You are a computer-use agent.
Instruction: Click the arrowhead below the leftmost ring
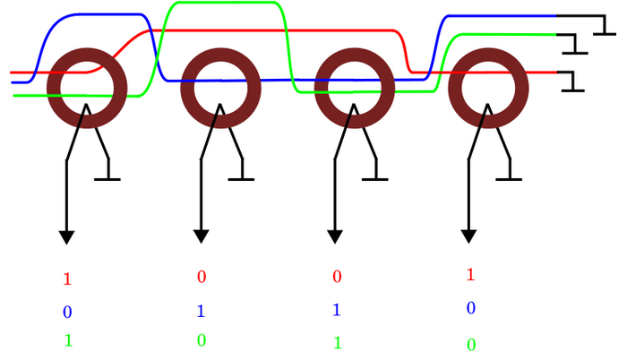(x=66, y=236)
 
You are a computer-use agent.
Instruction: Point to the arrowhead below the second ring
(x=201, y=236)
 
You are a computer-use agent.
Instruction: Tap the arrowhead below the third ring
(x=334, y=236)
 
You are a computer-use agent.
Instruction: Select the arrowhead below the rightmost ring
(x=468, y=236)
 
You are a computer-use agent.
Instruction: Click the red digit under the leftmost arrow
(x=67, y=279)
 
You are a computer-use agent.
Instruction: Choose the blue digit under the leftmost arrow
(x=67, y=313)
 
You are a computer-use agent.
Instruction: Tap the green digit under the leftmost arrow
(x=67, y=341)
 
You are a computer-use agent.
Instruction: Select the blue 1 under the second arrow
(x=202, y=312)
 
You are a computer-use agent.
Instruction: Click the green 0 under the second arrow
(x=202, y=340)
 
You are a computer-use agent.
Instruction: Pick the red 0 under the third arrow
(x=337, y=277)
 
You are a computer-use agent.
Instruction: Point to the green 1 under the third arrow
(x=337, y=342)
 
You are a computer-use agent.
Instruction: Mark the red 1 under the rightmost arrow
(x=470, y=275)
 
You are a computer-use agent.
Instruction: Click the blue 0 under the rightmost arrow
(x=470, y=309)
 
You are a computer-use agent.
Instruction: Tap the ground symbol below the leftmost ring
(x=107, y=177)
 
